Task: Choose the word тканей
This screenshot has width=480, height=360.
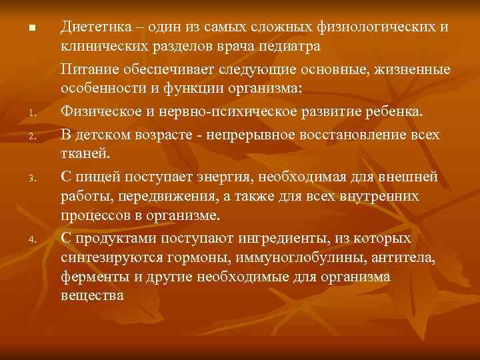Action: click(x=83, y=153)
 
